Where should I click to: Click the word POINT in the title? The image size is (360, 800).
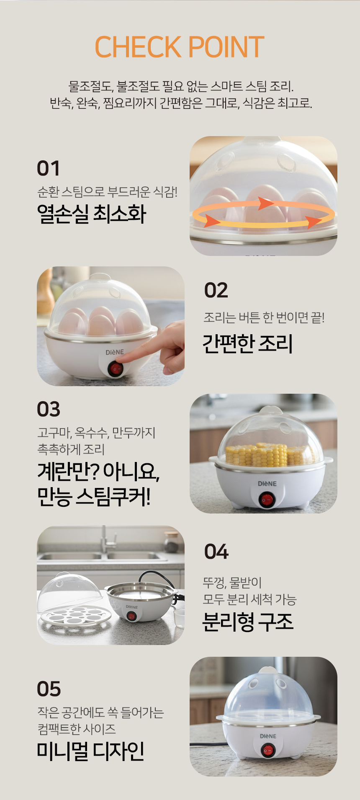[226, 47]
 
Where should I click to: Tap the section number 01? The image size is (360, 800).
[48, 168]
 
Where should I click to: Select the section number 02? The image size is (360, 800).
[216, 290]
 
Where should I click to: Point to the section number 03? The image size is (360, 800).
[49, 409]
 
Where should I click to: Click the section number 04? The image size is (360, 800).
[216, 552]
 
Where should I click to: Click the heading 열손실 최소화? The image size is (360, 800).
[92, 214]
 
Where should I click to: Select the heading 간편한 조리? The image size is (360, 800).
[247, 343]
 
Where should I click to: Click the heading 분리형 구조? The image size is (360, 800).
[248, 622]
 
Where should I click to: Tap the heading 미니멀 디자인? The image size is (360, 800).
[91, 751]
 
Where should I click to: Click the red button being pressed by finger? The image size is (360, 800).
[115, 369]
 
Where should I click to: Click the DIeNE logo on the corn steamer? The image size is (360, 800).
[267, 484]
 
